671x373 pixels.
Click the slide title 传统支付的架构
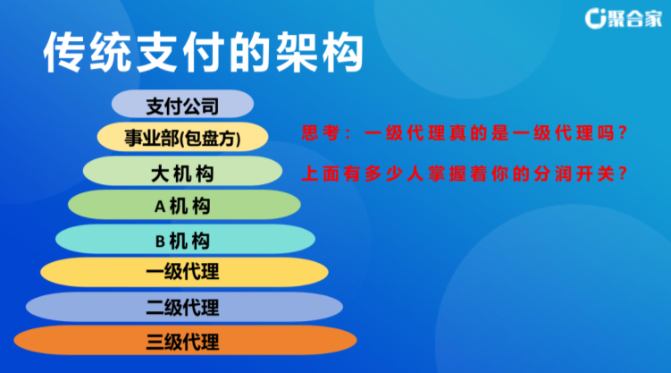204,52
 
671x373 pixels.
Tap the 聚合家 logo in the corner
623,18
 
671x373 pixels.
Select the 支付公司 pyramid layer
183,104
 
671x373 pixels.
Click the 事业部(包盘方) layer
183,137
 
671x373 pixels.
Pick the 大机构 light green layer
183,171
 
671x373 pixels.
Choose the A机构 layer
184,205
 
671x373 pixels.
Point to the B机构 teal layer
185,239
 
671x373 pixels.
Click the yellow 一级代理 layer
184,272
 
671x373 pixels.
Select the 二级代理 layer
184,307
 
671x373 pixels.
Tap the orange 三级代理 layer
185,341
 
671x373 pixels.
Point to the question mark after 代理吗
623,133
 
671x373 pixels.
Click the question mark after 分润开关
623,174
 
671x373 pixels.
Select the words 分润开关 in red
574,174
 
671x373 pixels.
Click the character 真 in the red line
457,132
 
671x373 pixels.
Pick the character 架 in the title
296,52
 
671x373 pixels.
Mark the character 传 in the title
64,52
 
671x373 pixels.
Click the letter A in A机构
160,207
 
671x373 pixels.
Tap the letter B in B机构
160,242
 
